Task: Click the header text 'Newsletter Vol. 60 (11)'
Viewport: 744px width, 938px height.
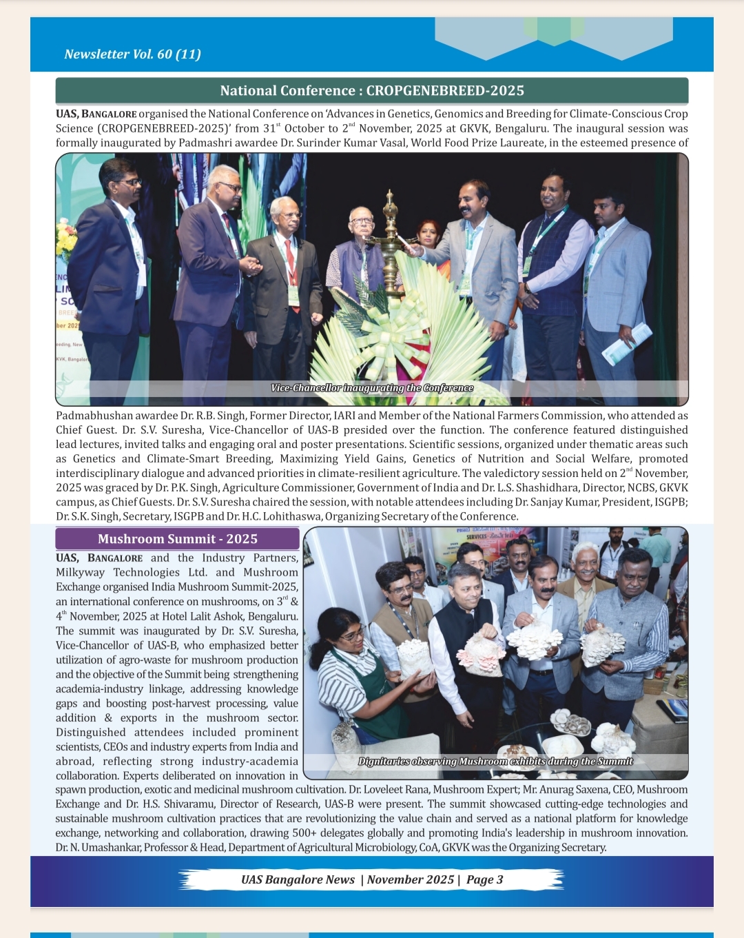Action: tap(132, 54)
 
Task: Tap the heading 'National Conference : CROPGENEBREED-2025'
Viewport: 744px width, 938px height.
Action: tap(372, 90)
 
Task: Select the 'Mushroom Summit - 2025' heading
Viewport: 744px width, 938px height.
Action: tap(178, 539)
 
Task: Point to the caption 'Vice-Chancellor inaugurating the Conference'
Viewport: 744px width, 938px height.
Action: tap(372, 388)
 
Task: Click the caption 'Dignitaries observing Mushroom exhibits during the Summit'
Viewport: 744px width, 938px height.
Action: tap(495, 762)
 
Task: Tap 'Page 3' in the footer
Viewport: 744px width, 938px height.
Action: tap(484, 879)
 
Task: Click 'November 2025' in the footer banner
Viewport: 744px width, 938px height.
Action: tap(411, 879)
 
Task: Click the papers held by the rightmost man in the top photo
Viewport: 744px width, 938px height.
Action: tap(627, 343)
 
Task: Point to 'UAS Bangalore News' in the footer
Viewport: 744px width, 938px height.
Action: tap(298, 879)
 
